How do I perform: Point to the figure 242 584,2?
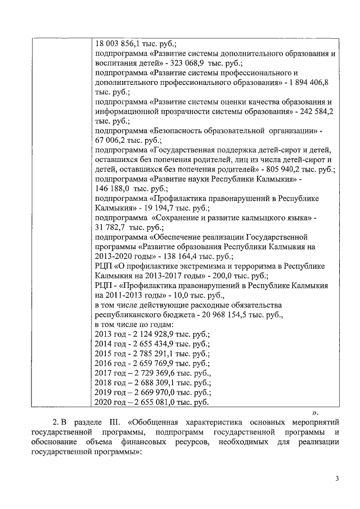click(x=314, y=112)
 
